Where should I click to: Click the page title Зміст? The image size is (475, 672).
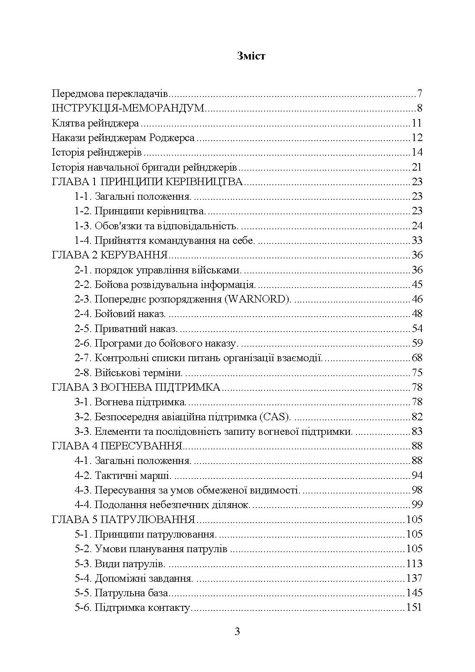click(x=251, y=56)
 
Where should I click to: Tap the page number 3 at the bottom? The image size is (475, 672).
click(x=237, y=632)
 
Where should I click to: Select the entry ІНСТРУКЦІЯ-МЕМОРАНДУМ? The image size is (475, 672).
click(x=128, y=108)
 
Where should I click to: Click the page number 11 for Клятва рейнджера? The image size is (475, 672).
click(x=417, y=123)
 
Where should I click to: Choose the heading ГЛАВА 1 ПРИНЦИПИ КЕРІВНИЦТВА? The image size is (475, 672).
click(x=147, y=182)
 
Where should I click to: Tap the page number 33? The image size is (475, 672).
click(x=417, y=241)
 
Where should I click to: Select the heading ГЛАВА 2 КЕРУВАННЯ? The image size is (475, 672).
click(x=109, y=255)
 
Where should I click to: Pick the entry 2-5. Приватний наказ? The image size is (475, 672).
click(x=126, y=329)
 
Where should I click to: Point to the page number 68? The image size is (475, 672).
click(x=417, y=358)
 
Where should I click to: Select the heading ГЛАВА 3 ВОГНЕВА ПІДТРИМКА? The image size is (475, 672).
click(x=136, y=387)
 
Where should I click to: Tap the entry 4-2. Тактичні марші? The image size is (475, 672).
click(x=123, y=475)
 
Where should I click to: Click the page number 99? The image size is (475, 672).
click(x=417, y=505)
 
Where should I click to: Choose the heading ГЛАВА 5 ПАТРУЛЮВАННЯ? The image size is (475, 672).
click(x=124, y=519)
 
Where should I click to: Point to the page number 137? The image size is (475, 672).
click(x=414, y=578)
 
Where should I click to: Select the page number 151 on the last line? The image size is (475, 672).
click(x=414, y=608)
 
